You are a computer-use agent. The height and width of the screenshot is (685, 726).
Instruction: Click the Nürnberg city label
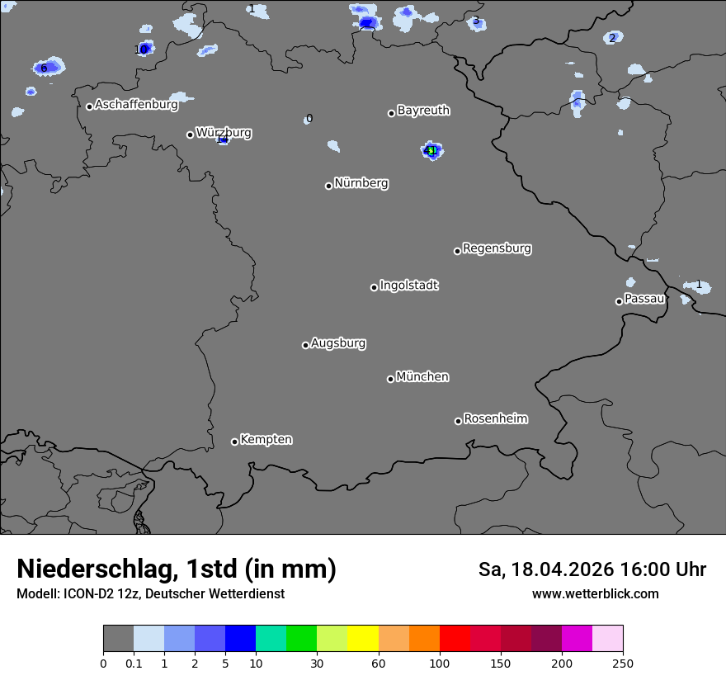point(361,183)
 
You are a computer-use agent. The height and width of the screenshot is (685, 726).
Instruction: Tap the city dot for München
point(391,380)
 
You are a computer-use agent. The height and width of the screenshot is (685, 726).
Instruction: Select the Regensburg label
point(497,248)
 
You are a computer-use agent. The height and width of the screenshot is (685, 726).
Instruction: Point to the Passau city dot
point(619,301)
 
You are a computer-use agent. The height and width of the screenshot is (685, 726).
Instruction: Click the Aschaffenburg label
point(136,105)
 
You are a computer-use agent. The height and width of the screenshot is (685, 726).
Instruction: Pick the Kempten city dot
point(234,442)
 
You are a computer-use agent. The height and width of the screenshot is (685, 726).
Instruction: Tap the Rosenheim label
point(495,419)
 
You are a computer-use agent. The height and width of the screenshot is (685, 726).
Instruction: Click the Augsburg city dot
point(305,345)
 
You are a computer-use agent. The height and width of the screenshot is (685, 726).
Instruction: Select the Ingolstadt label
point(408,286)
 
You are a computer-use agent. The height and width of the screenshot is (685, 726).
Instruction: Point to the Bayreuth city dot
point(391,113)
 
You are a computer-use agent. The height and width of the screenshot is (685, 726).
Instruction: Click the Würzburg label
point(224,132)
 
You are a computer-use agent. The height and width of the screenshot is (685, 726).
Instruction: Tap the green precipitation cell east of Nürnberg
point(431,150)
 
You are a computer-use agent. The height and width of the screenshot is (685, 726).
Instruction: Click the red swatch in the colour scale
point(455,639)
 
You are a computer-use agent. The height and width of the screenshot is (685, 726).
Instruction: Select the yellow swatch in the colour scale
point(363,639)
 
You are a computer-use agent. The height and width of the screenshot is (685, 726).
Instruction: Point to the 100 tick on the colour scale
point(440,663)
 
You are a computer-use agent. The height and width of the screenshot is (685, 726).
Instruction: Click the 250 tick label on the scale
point(623,663)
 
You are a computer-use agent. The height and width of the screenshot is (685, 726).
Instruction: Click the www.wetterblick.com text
point(595,593)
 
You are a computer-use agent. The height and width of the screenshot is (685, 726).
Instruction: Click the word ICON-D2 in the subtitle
point(87,593)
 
